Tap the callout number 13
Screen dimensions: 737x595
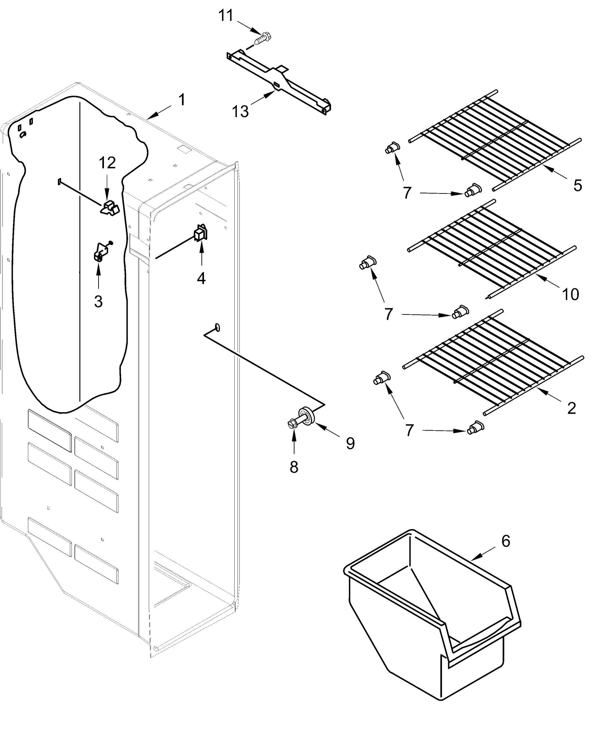point(240,111)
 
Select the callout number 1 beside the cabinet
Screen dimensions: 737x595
point(182,100)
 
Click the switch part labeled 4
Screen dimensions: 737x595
point(201,233)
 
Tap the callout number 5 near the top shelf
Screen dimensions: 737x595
point(578,185)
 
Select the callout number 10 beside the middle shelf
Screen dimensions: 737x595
point(570,294)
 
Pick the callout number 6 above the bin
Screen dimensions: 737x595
point(506,541)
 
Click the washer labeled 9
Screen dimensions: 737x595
point(306,415)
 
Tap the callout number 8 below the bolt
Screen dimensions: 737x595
point(294,467)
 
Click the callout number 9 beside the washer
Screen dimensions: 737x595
point(350,443)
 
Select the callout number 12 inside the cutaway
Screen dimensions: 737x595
point(107,163)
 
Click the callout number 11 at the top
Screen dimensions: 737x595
point(226,15)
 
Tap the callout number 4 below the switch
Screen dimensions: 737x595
point(201,278)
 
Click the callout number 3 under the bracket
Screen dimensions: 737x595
point(98,302)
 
